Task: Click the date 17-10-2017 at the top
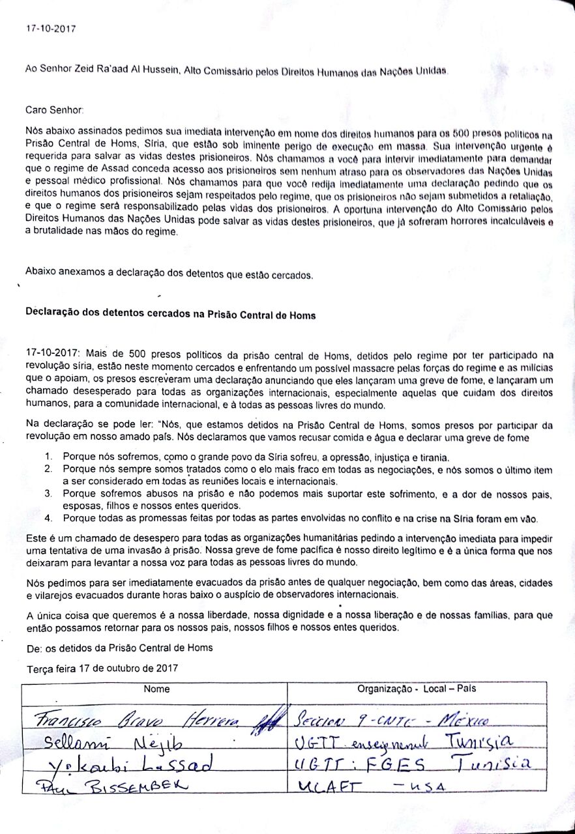50,29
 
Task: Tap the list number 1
48,457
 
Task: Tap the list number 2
48,469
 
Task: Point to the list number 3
48,494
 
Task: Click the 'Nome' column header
156,689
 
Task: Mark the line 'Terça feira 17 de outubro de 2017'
102,669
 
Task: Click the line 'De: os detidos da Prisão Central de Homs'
119,648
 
